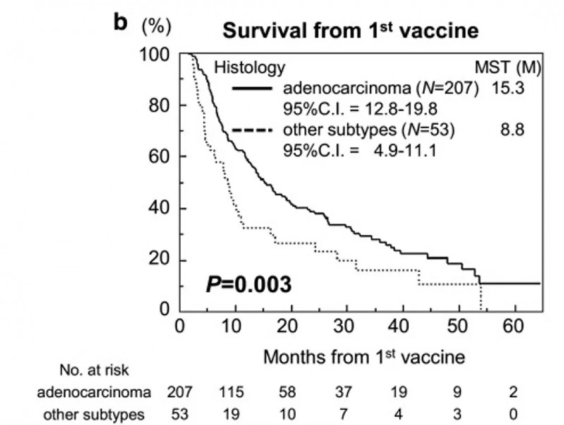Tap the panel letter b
point(121,23)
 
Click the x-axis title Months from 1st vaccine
point(364,357)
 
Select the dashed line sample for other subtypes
point(250,131)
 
